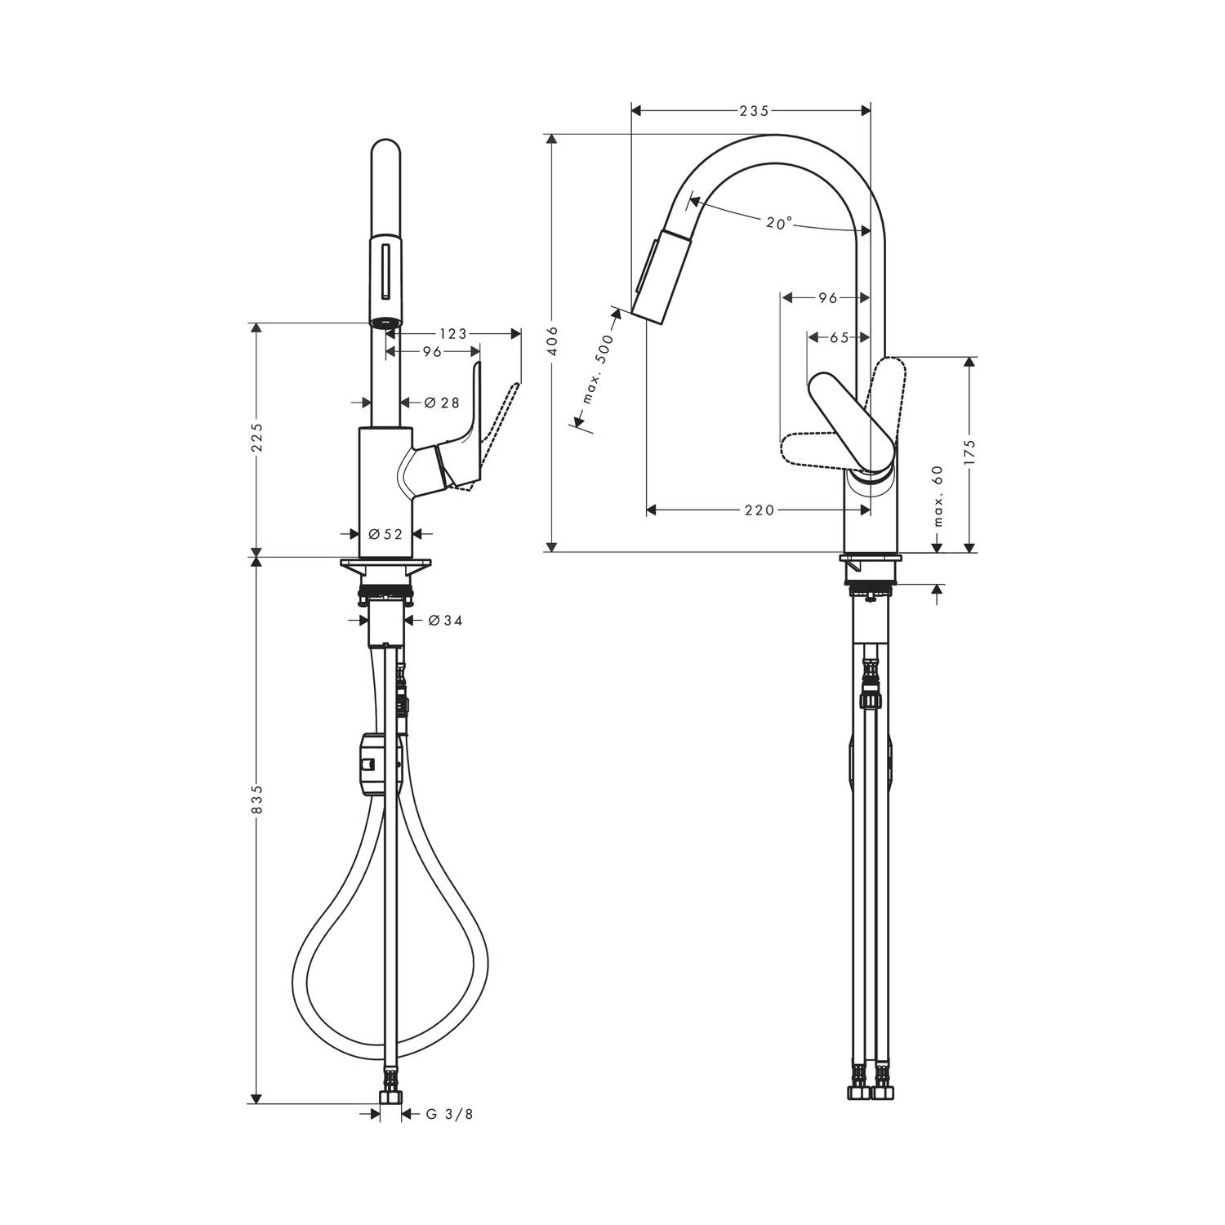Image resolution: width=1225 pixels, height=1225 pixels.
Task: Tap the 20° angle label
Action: (779, 222)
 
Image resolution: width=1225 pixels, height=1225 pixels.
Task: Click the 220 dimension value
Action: (759, 510)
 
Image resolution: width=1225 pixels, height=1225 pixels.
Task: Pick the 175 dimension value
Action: (970, 452)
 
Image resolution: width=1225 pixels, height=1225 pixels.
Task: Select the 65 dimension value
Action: (840, 336)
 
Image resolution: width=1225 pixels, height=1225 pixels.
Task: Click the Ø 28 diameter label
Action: (442, 402)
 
